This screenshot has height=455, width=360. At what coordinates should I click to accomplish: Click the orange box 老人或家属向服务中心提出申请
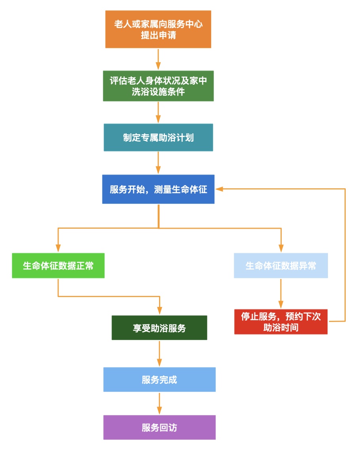point(158,29)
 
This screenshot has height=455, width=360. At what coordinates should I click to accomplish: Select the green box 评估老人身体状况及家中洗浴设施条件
point(158,86)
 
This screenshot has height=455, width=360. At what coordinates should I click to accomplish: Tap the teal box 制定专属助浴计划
point(158,137)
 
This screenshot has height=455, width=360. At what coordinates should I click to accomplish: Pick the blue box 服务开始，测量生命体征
point(158,189)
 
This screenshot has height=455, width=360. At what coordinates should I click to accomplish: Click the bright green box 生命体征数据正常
point(58,265)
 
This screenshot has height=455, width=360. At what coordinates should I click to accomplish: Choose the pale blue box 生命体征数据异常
point(281,265)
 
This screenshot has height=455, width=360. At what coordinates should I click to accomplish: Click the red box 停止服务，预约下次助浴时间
point(281,322)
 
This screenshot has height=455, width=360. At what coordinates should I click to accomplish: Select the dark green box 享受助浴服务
point(159,328)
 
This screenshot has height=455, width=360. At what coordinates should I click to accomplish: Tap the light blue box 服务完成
point(159,379)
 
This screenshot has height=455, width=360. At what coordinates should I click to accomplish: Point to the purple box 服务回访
point(159,427)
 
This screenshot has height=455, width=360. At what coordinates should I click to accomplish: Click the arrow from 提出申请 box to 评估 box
point(158,59)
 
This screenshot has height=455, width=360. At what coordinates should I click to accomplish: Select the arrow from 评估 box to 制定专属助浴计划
point(158,112)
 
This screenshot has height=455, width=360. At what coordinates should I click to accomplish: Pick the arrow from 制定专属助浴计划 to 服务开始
point(158,163)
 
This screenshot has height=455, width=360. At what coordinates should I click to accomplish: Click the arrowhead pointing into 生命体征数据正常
point(58,248)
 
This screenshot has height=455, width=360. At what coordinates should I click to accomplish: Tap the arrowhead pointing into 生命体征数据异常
point(281,248)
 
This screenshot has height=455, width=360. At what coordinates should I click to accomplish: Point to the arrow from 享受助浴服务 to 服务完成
point(159,353)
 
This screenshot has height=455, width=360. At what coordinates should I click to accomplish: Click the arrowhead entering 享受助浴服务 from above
point(159,311)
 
